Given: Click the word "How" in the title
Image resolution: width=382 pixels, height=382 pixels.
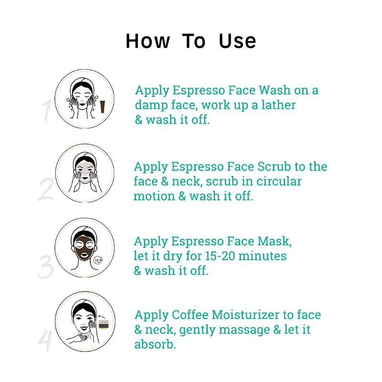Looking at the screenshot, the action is click(x=148, y=41).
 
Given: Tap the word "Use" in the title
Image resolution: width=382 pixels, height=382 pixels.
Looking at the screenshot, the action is click(x=237, y=41).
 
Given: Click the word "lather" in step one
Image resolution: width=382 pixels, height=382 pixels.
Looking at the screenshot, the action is click(x=278, y=105).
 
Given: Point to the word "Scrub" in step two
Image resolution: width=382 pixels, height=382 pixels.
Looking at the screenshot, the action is click(x=274, y=167).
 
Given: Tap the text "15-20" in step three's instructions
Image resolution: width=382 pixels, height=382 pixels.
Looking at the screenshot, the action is click(x=220, y=256).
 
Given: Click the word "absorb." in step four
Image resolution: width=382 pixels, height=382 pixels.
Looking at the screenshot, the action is click(x=155, y=344).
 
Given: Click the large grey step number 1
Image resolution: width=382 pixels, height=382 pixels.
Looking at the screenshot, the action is click(x=46, y=111).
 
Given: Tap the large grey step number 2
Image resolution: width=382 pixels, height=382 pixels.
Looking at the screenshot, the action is click(x=46, y=190).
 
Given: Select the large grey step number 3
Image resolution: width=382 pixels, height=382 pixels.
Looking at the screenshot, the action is click(x=46, y=267).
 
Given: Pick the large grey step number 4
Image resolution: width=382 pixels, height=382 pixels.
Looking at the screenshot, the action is click(x=45, y=341).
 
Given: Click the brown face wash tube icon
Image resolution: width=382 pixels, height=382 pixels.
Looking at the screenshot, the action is click(x=103, y=107).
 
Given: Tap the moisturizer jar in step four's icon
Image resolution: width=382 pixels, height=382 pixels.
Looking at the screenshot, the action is click(x=104, y=324).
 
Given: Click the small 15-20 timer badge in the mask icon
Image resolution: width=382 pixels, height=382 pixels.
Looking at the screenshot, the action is click(x=99, y=260).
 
